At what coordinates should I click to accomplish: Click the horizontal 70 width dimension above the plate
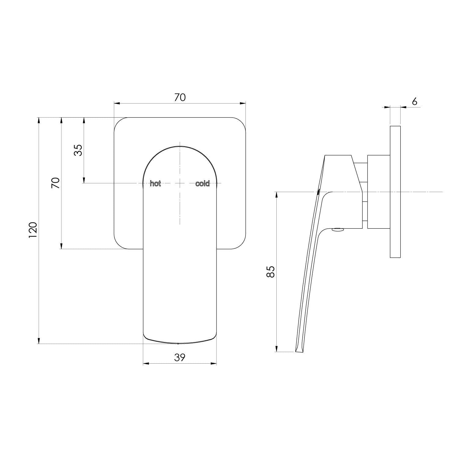click(x=180, y=97)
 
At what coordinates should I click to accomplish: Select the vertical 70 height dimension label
click(x=56, y=183)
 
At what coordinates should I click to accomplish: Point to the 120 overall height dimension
click(x=33, y=230)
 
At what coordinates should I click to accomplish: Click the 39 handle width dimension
click(x=180, y=357)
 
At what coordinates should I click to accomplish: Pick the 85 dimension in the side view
click(x=271, y=271)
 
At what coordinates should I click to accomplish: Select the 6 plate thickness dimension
click(x=414, y=101)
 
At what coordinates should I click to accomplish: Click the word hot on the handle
click(x=155, y=184)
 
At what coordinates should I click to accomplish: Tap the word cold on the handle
click(x=202, y=184)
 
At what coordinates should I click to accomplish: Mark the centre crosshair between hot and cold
click(x=180, y=183)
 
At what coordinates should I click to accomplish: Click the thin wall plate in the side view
click(x=395, y=192)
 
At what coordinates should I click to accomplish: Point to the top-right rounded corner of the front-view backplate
click(x=241, y=122)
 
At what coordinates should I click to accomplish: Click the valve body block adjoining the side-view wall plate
click(x=379, y=192)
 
